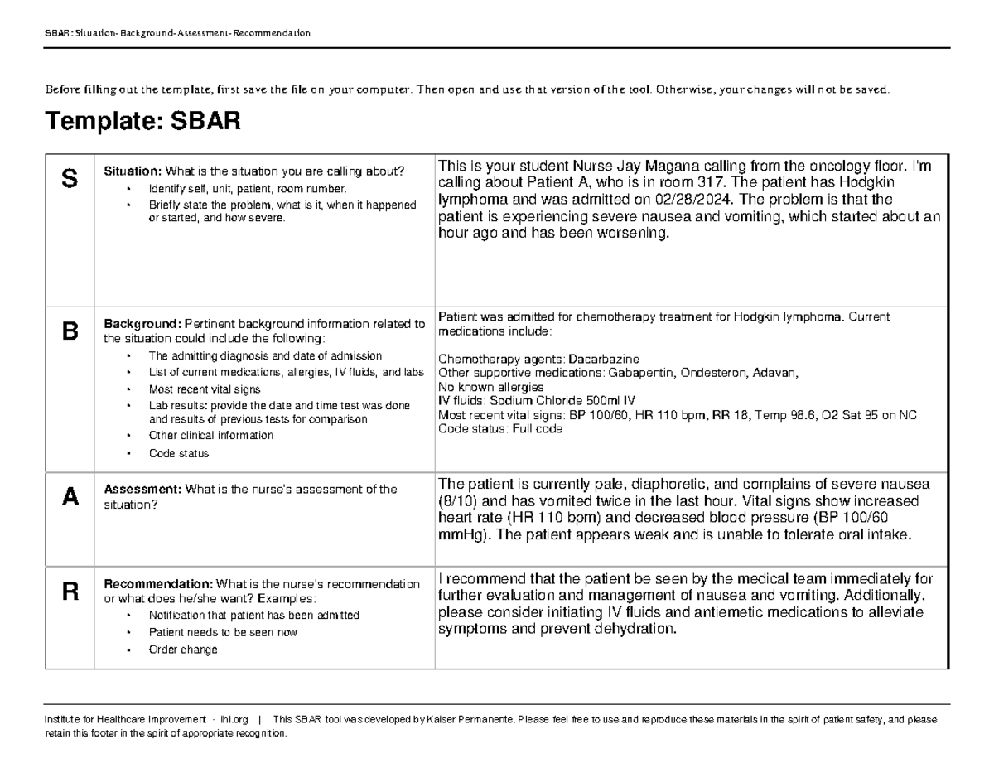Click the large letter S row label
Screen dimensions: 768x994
tap(70, 177)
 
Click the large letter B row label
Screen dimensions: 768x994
tap(70, 332)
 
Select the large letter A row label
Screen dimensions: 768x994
tap(70, 496)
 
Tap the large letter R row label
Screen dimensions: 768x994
tap(70, 592)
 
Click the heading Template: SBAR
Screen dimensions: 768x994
tap(143, 123)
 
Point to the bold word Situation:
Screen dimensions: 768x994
tap(132, 171)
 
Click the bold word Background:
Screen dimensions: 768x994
tap(142, 323)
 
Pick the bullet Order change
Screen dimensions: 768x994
tap(183, 650)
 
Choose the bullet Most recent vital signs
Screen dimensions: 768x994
tap(204, 389)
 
